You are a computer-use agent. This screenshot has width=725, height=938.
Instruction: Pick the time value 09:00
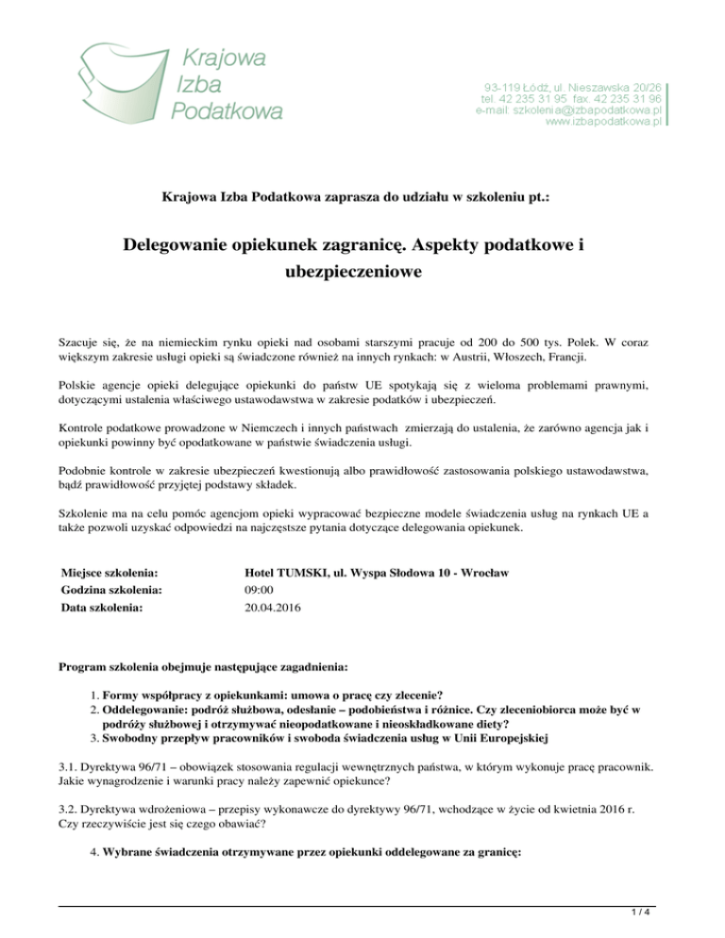pos(259,590)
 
